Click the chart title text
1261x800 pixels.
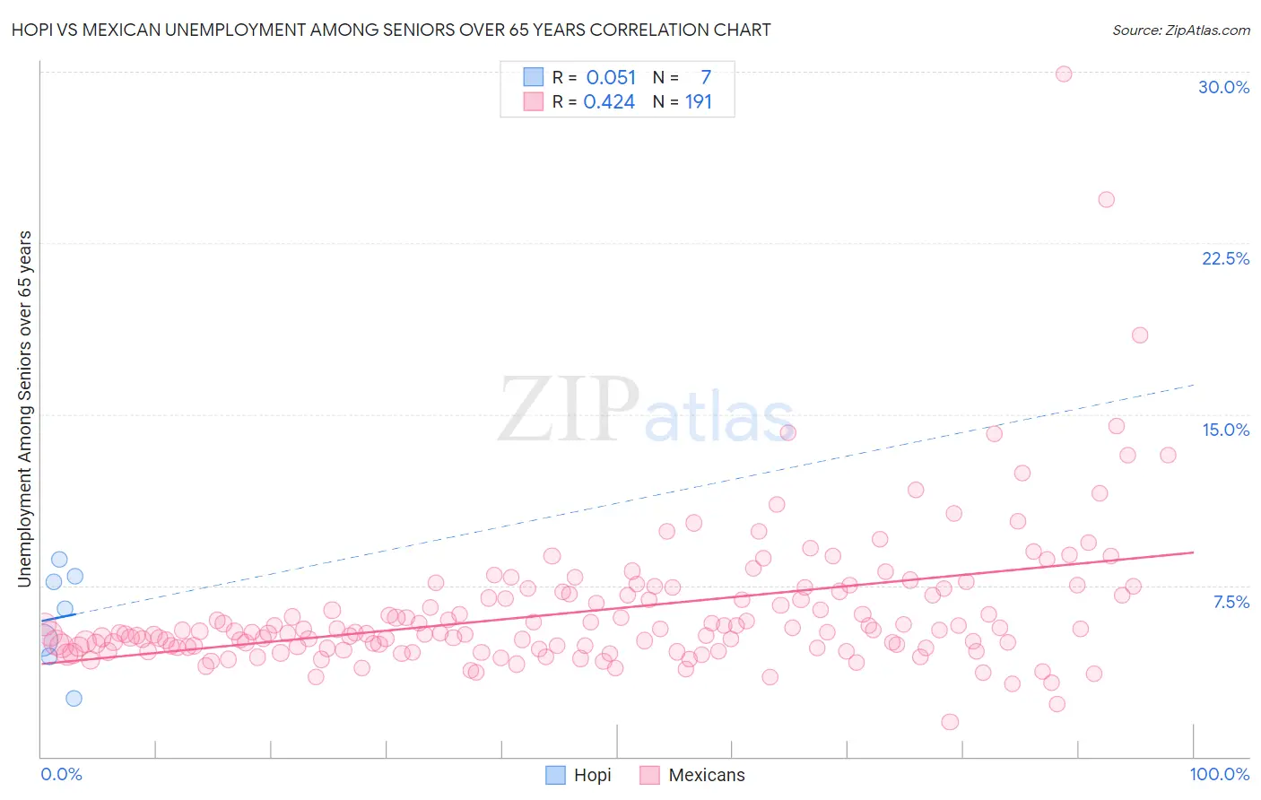[391, 30]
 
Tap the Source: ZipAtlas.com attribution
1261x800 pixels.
[1180, 30]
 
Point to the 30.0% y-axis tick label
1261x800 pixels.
[1223, 87]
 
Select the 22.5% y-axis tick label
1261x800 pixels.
[1225, 258]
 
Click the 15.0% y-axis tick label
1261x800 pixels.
[1225, 430]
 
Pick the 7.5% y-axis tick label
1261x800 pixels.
[1231, 602]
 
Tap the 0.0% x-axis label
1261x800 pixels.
[61, 774]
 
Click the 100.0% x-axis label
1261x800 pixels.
[1219, 774]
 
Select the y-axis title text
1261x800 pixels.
[24, 409]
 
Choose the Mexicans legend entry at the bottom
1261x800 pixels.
[692, 775]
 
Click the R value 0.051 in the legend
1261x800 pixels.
[611, 78]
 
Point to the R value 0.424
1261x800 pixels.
[609, 102]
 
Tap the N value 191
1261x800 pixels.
[698, 102]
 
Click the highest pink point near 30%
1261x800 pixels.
[1064, 74]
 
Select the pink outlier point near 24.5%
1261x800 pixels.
[1106, 199]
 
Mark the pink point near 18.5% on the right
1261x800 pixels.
[1140, 335]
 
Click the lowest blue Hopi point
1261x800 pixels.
[74, 698]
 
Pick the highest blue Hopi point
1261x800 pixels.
[59, 559]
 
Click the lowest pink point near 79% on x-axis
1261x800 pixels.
[950, 722]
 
